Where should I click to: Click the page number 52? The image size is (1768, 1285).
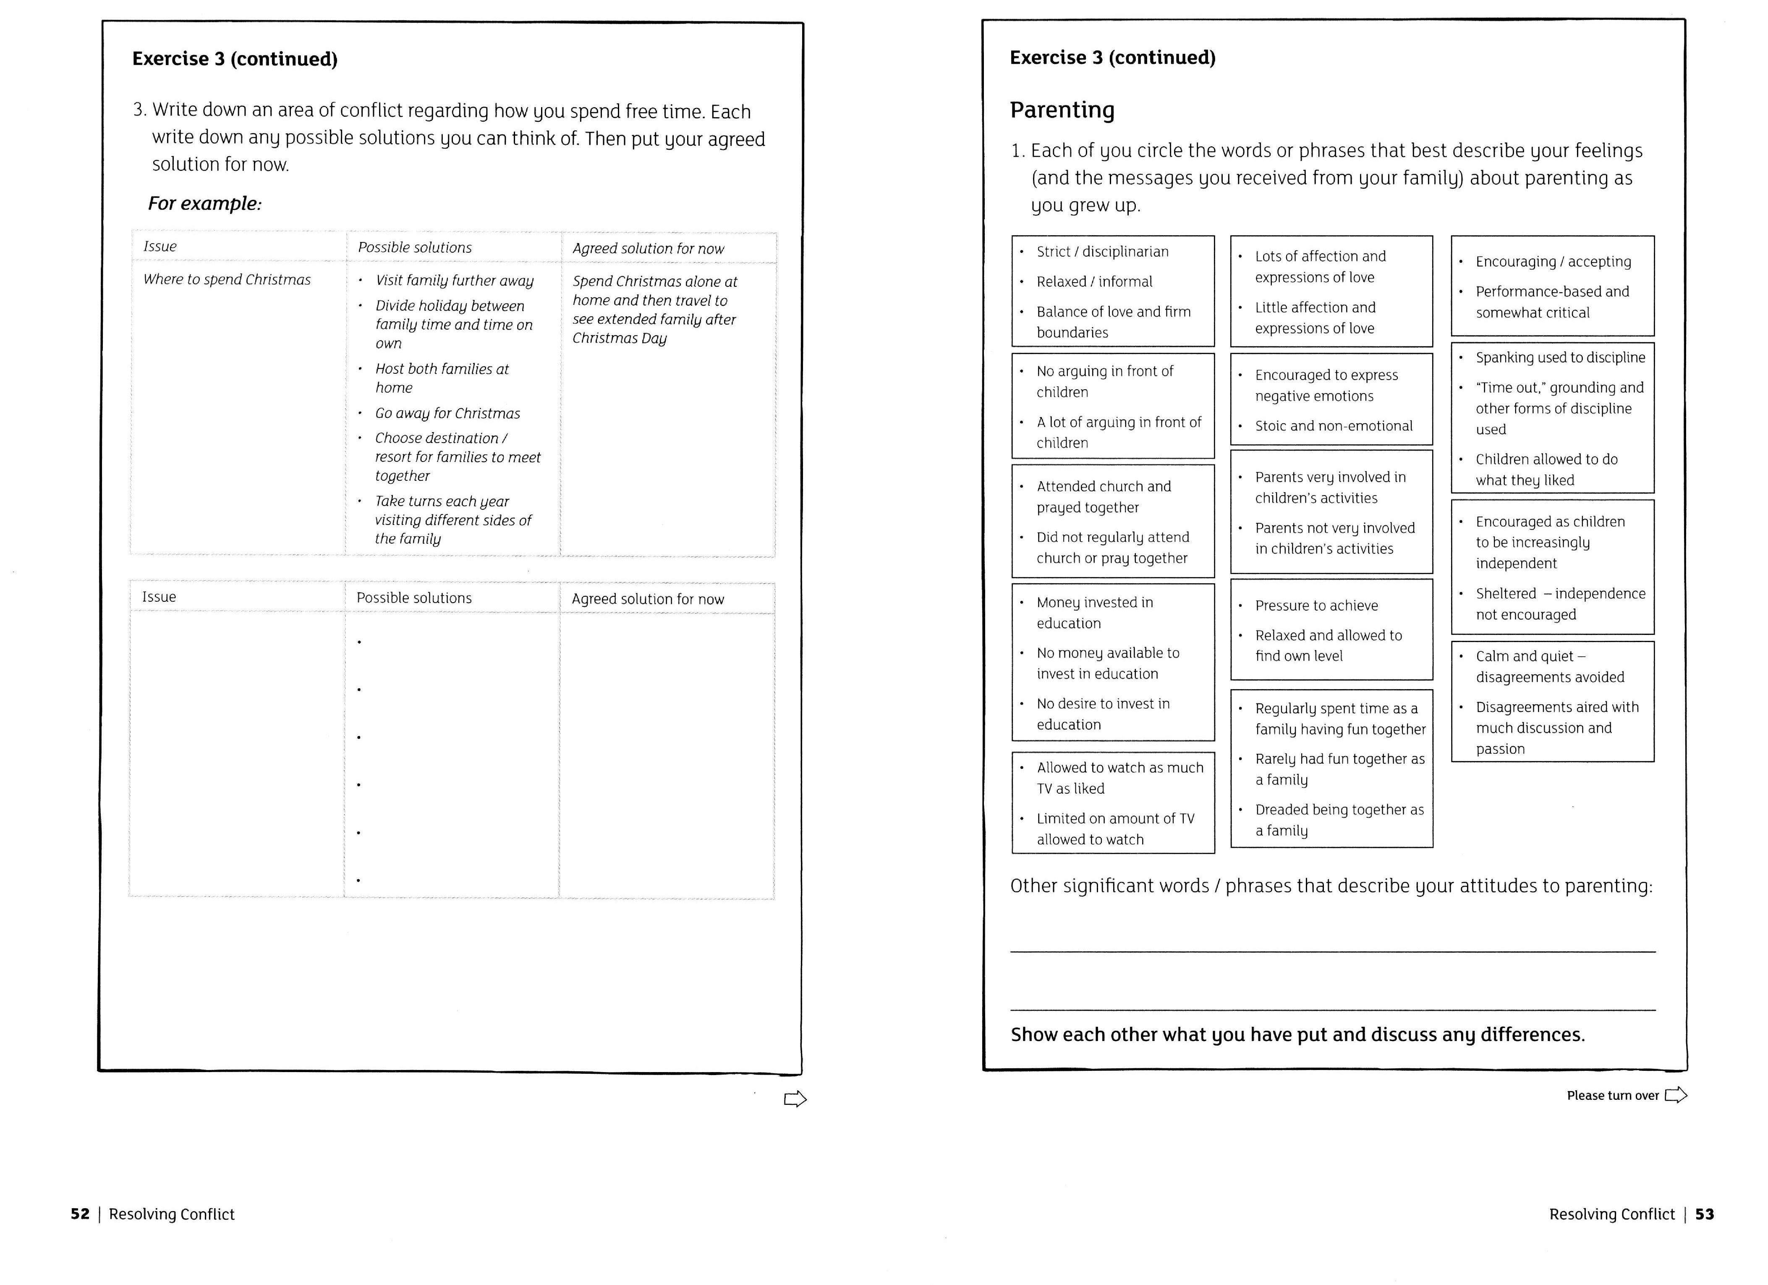(79, 1214)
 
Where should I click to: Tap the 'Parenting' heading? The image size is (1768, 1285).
(1062, 110)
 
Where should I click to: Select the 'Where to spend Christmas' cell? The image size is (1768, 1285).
(227, 279)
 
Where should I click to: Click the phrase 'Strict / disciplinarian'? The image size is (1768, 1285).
(1102, 251)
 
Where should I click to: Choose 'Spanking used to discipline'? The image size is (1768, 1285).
(1560, 357)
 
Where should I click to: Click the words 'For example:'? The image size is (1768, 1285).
(204, 204)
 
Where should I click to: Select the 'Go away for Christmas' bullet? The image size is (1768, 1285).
(447, 413)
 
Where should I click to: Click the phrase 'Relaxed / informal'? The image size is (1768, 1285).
(1094, 281)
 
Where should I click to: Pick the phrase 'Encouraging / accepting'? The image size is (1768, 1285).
(1553, 261)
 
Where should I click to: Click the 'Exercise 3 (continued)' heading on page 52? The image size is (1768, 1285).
(235, 59)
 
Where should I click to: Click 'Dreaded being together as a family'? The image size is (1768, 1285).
(1339, 819)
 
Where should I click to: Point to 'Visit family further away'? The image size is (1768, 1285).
(455, 281)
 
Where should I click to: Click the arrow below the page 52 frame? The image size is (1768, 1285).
(794, 1099)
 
